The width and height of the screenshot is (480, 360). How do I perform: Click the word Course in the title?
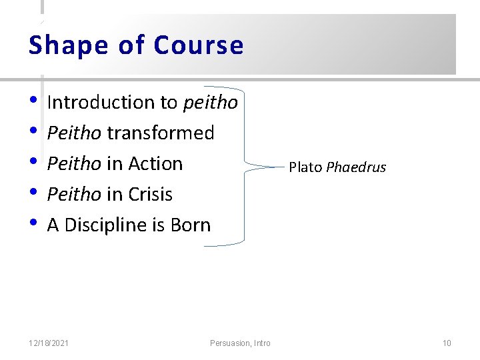point(199,45)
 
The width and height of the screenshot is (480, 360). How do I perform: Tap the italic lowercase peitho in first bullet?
point(210,103)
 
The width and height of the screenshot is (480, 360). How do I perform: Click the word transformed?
point(161,133)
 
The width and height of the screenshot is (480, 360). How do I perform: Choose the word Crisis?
point(150,195)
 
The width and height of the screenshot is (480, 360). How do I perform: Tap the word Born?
point(191,225)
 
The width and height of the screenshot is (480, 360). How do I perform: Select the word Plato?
point(305,167)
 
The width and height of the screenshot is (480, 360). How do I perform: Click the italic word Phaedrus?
point(356,167)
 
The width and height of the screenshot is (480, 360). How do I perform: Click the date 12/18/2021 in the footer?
point(49,343)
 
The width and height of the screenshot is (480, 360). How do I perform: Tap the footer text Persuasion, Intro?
point(240,343)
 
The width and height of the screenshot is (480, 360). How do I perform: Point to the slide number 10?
point(447,343)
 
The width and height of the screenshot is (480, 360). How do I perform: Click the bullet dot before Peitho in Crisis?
point(34,194)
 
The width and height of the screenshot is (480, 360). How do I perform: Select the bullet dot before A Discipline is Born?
point(34,225)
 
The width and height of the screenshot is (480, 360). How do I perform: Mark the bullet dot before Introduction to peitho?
point(34,102)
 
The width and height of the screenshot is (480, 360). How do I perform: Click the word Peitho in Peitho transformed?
point(74,133)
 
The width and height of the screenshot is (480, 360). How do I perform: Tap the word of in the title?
point(131,45)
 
